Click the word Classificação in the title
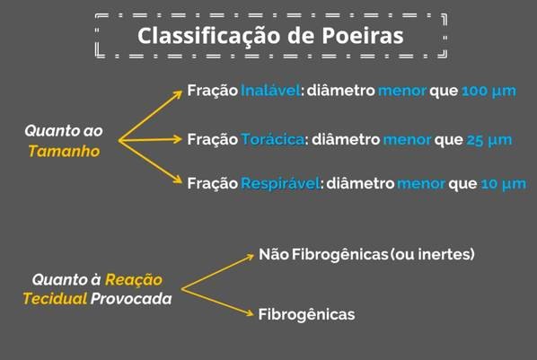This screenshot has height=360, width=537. (x=209, y=37)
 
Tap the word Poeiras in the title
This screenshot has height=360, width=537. (x=363, y=36)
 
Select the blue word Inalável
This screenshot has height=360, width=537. (x=270, y=91)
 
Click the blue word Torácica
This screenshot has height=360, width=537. (x=273, y=139)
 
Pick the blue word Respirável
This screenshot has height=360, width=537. (x=280, y=184)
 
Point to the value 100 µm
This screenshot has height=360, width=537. (x=489, y=91)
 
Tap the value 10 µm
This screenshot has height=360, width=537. (x=504, y=184)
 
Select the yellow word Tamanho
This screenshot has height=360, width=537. (x=64, y=151)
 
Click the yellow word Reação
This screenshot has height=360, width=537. (x=134, y=280)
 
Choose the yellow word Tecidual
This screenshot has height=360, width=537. (x=55, y=299)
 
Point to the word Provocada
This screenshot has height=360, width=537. (x=131, y=299)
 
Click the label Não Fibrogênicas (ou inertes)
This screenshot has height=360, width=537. (x=366, y=254)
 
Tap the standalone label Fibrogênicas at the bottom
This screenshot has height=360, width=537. (x=306, y=314)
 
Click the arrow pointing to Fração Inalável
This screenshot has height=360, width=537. (x=150, y=116)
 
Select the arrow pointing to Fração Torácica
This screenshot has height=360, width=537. (x=150, y=139)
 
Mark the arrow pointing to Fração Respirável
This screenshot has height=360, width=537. (x=150, y=162)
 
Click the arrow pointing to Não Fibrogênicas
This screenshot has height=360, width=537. (x=217, y=272)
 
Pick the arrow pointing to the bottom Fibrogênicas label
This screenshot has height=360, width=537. (x=217, y=303)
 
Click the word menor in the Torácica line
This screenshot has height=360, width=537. (x=407, y=140)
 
